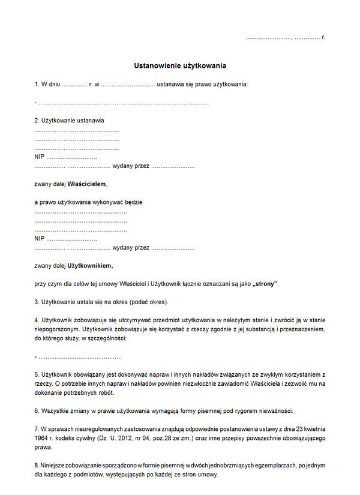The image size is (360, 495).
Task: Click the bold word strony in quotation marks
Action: (x=265, y=283)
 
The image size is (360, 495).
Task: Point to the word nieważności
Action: (x=274, y=411)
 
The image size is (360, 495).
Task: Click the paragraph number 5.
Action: (x=37, y=374)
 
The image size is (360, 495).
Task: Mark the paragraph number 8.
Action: (x=37, y=466)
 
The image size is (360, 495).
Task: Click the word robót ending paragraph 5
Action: (x=106, y=393)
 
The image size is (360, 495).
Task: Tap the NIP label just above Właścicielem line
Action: (x=40, y=157)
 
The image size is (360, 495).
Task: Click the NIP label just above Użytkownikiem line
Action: (x=40, y=238)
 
